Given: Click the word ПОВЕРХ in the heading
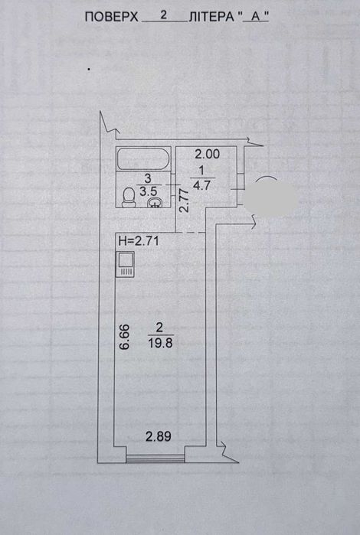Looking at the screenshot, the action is pos(111,17).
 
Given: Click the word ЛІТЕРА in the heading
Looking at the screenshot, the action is pos(211,17).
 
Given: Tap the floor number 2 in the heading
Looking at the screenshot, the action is pos(164,15).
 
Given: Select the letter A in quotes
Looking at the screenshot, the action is pos(256,17).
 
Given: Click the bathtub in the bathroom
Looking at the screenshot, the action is pos(143,158).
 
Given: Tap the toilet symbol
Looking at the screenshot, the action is pos(129,198).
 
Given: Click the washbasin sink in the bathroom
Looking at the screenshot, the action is pos(155,202).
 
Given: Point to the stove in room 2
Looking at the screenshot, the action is pos(126,264).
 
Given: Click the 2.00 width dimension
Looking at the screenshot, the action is pos(207,154).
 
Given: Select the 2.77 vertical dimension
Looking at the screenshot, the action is pos(184,201).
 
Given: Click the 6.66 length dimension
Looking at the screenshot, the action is pos(124,337).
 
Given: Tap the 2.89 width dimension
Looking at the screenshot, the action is pos(159,436).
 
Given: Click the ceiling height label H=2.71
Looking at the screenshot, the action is pos(139,241).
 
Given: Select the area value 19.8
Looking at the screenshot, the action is pos(161,343).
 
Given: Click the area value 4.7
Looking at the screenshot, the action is pos(201,186).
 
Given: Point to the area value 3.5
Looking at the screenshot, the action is pos(148,191).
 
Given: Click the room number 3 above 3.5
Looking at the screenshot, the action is pos(148,178).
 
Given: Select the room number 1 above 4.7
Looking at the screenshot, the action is pos(201,170).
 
